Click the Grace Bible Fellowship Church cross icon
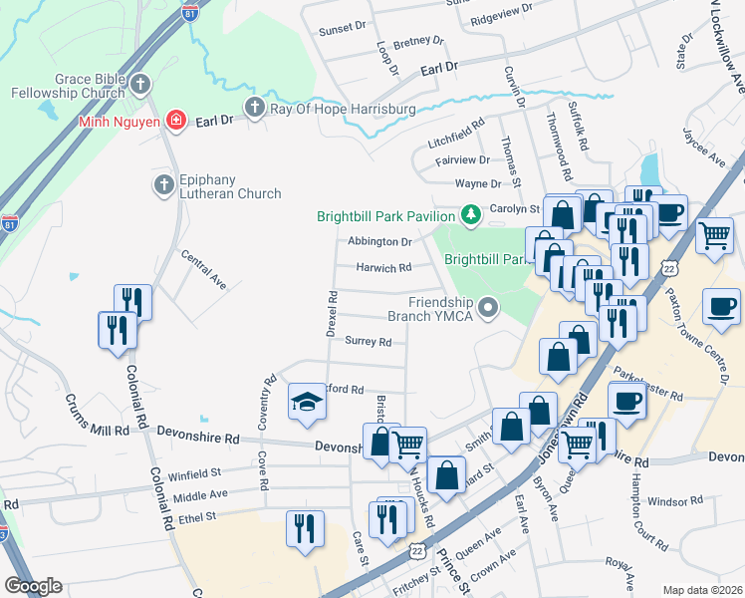pyautogui.click(x=140, y=85)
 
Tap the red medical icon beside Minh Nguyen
pyautogui.click(x=176, y=121)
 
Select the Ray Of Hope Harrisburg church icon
pyautogui.click(x=254, y=107)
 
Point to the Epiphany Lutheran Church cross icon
pyautogui.click(x=164, y=184)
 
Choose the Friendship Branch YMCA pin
pyautogui.click(x=488, y=308)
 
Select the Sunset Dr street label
pyautogui.click(x=343, y=30)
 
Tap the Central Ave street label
pyautogui.click(x=203, y=269)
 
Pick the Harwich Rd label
pyautogui.click(x=384, y=268)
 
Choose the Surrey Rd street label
pyautogui.click(x=368, y=341)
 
